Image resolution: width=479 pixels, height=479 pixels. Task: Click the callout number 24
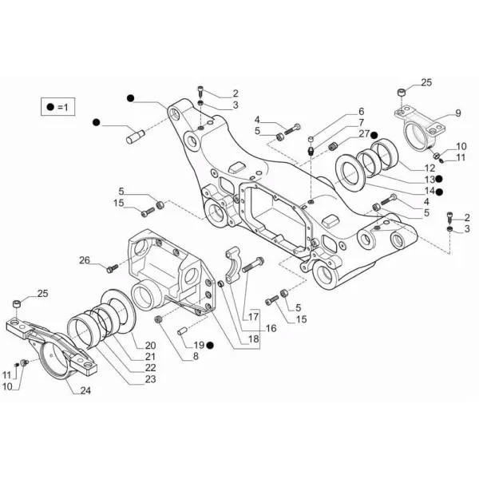85,390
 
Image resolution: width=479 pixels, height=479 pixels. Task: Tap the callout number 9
458,113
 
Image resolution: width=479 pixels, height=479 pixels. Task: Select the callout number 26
85,260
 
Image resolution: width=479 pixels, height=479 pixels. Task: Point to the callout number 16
271,328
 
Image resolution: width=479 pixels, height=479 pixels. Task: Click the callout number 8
196,356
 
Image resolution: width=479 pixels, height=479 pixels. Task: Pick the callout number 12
430,168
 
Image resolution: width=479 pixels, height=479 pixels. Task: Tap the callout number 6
361,111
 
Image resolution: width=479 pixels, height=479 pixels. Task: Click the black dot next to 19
210,345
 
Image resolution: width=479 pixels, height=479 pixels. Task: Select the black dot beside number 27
374,135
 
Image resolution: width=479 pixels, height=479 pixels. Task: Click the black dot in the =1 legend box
50,107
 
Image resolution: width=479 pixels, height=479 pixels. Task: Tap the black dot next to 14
439,192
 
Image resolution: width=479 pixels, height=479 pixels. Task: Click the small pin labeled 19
182,331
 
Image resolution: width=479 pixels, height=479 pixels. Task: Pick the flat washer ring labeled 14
350,173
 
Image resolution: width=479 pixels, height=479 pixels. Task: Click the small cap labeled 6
311,139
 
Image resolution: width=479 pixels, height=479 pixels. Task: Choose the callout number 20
150,345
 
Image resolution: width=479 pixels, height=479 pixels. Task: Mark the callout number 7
361,122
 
